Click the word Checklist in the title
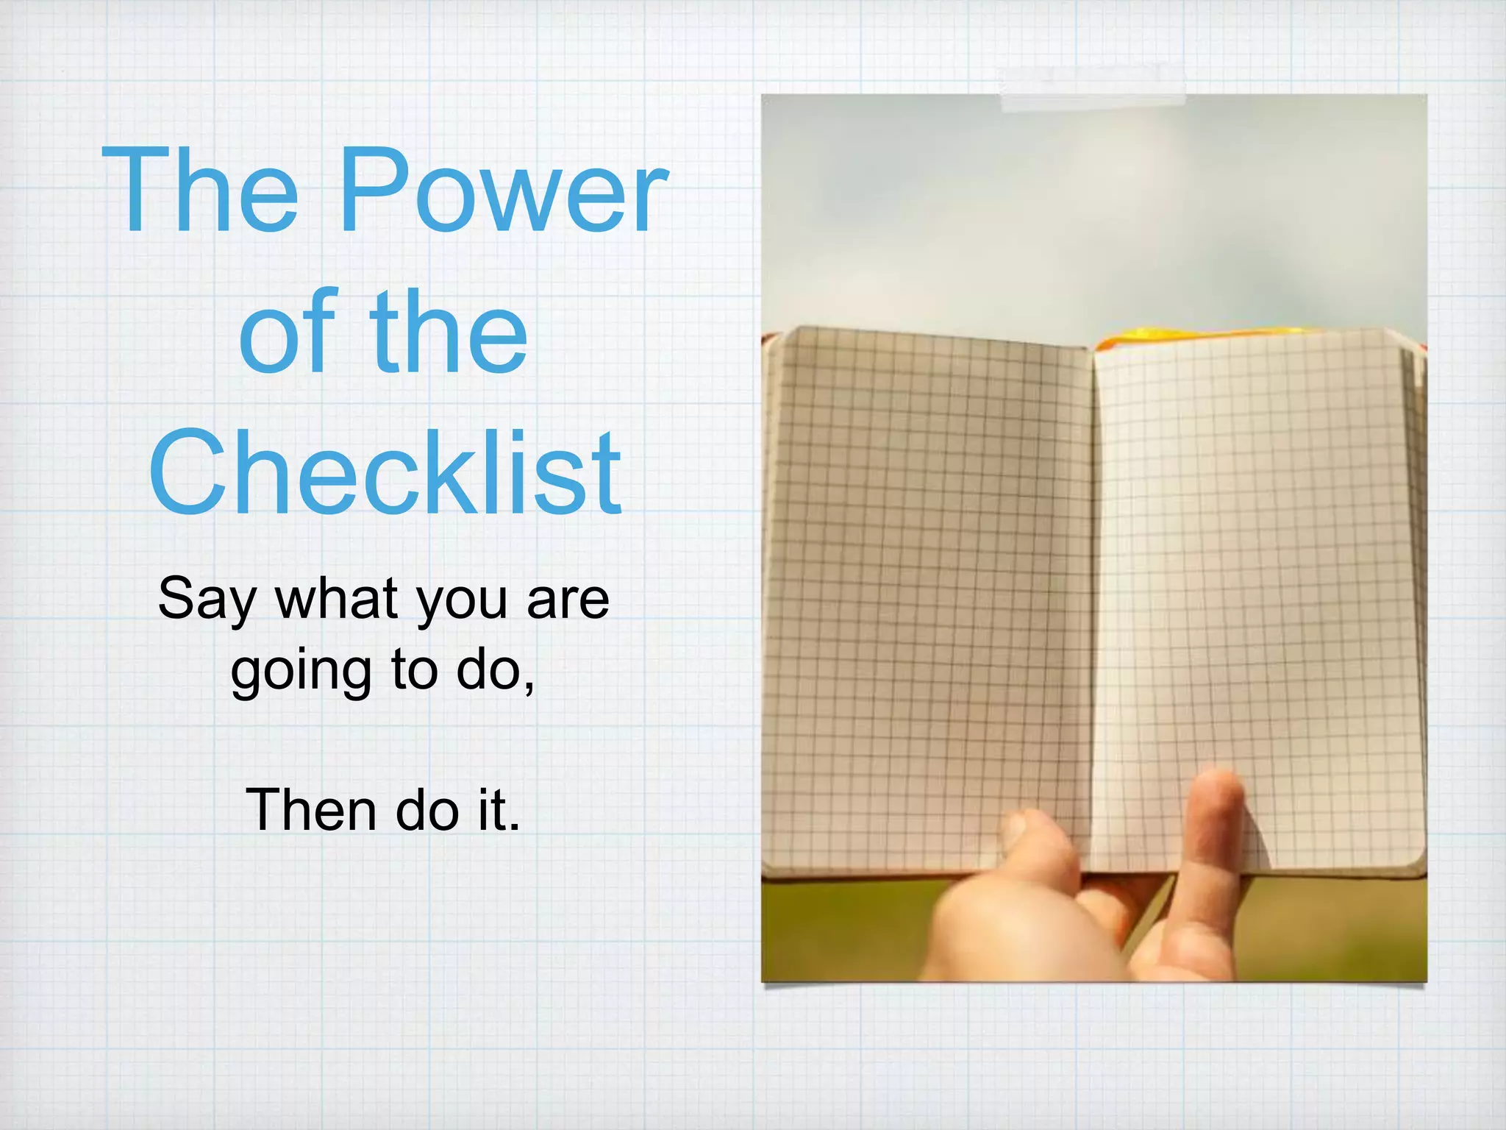[385, 472]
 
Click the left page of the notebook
[927, 589]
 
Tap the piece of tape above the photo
[1093, 88]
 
